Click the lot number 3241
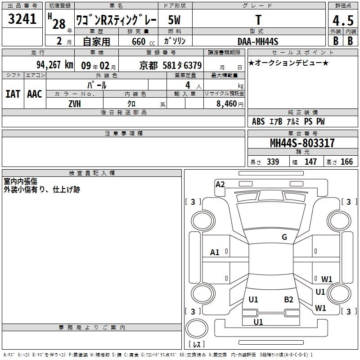(22, 19)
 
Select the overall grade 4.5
(343, 20)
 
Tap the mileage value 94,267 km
(54, 65)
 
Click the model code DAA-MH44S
(258, 41)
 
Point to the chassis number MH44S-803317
(302, 143)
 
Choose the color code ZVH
(75, 104)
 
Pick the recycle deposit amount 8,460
(227, 104)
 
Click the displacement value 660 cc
(143, 42)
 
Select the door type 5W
(174, 20)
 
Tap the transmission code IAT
(13, 94)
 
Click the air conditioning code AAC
(35, 94)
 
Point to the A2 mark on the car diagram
(220, 184)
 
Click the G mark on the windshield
(284, 237)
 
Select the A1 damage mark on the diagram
(215, 252)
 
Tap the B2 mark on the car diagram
(288, 300)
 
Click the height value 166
(346, 162)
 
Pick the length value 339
(273, 162)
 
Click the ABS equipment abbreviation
(258, 121)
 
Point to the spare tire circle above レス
(197, 328)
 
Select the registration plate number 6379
(193, 65)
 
